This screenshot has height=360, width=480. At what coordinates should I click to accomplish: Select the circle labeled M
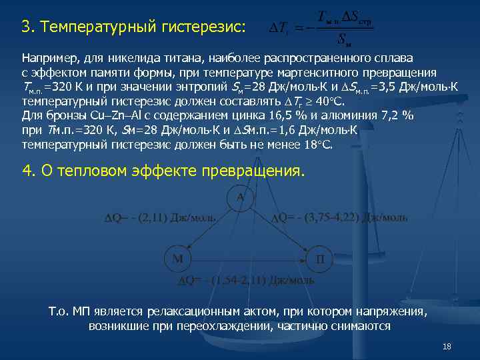tap(178, 259)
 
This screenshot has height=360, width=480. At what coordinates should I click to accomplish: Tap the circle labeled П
tap(319, 259)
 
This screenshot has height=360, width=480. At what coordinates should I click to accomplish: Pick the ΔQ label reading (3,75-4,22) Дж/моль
tap(339, 217)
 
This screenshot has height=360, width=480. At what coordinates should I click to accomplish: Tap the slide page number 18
tap(447, 347)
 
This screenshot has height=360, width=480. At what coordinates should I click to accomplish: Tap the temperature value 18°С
tap(319, 145)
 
